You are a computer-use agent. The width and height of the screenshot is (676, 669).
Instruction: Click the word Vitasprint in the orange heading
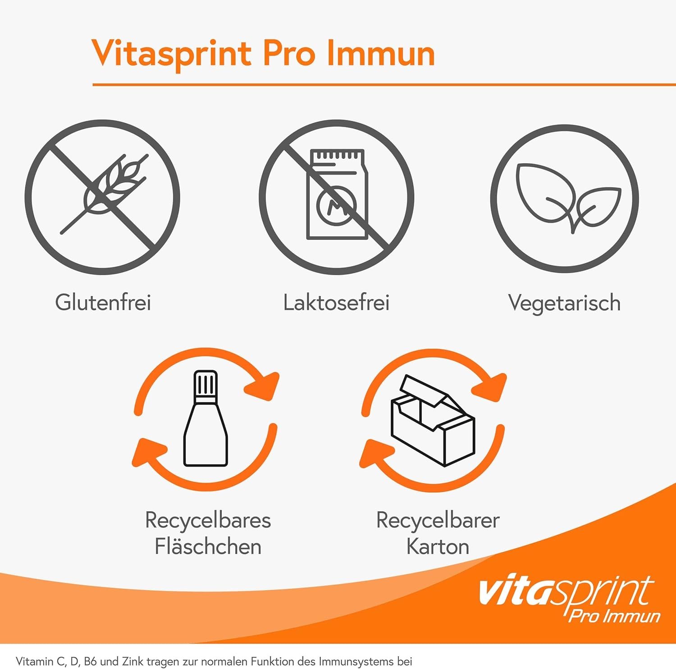(x=171, y=54)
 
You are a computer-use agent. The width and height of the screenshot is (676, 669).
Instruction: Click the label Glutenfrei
(x=103, y=302)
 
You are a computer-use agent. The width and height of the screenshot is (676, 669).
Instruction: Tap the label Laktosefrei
(x=336, y=302)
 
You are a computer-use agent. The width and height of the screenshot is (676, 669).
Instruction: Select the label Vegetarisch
(x=564, y=303)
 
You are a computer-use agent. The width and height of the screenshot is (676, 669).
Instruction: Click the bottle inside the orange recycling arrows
(x=206, y=418)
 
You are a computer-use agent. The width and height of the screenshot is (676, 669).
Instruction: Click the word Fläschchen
(x=208, y=546)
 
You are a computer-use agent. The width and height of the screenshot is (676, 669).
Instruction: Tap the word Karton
(x=438, y=546)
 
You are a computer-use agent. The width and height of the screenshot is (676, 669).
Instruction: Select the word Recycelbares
(x=208, y=521)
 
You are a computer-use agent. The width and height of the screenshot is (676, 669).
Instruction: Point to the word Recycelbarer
(x=438, y=521)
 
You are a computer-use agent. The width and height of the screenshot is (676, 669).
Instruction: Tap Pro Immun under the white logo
(x=614, y=616)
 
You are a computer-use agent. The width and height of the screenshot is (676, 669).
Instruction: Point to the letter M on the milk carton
(x=337, y=206)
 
